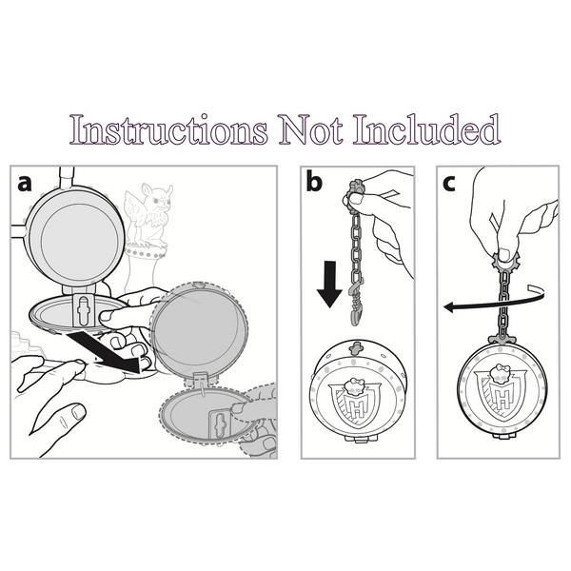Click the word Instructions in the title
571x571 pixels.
pyautogui.click(x=169, y=129)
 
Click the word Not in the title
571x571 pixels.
pyautogui.click(x=310, y=129)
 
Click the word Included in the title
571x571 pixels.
pyautogui.click(x=426, y=129)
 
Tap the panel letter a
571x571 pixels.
pyautogui.click(x=25, y=183)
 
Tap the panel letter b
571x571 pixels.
pyautogui.click(x=314, y=181)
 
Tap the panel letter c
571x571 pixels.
pyautogui.click(x=449, y=184)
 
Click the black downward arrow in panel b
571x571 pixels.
pyautogui.click(x=329, y=284)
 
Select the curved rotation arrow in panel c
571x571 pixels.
pyautogui.click(x=494, y=301)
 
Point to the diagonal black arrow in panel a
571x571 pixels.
pyautogui.click(x=105, y=352)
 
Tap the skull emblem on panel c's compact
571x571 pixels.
pyautogui.click(x=500, y=374)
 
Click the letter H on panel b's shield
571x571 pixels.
pyautogui.click(x=357, y=408)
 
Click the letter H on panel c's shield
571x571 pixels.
pyautogui.click(x=502, y=396)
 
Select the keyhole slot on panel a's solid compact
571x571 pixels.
pyautogui.click(x=84, y=309)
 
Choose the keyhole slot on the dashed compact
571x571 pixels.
pyautogui.click(x=220, y=424)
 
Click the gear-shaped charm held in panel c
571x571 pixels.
pyautogui.click(x=505, y=260)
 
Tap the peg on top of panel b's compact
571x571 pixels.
pyautogui.click(x=355, y=348)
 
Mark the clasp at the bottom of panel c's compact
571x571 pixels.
pyautogui.click(x=504, y=435)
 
